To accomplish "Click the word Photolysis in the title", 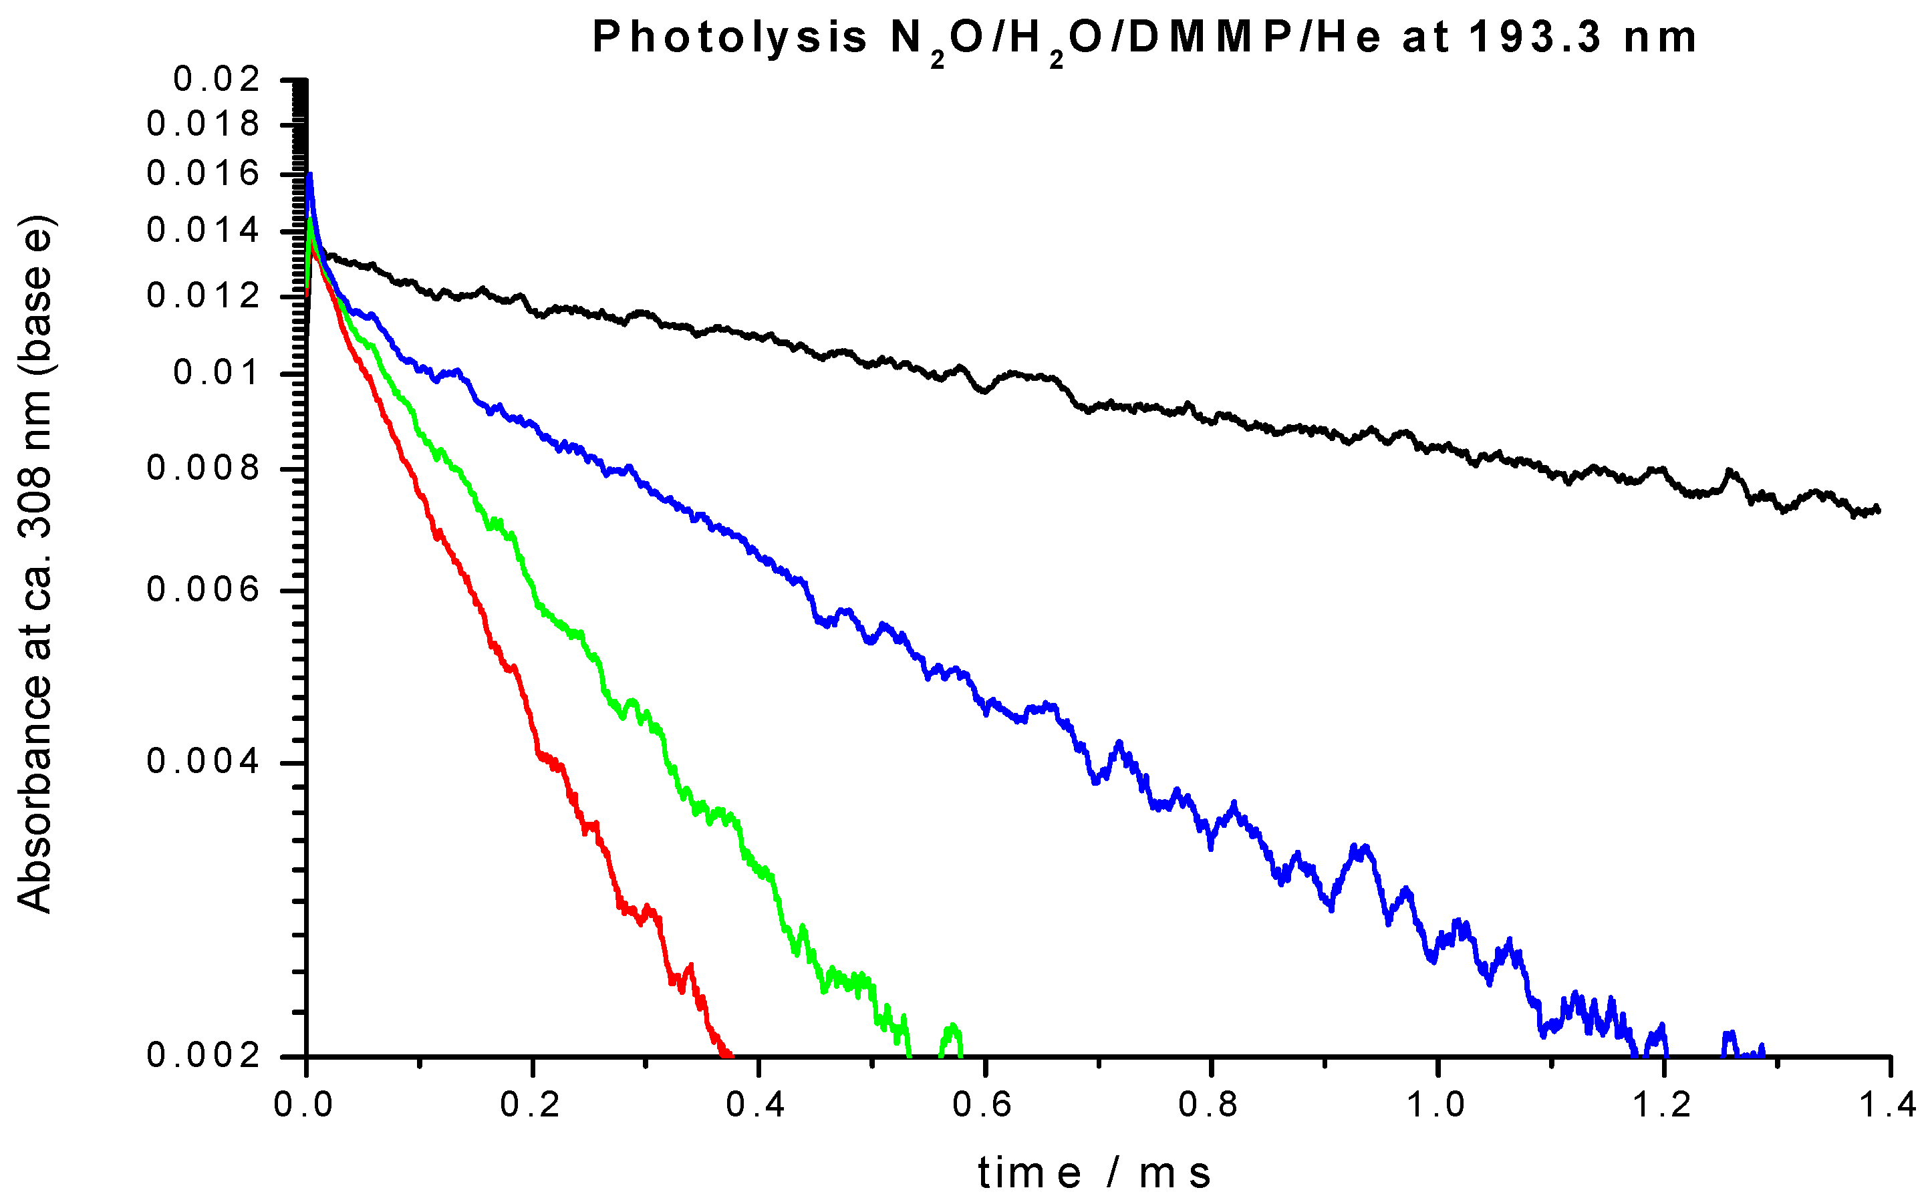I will tap(729, 37).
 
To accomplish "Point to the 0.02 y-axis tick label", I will tap(217, 79).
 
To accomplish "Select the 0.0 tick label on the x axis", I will tap(303, 1106).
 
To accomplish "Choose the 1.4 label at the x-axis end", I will tap(1889, 1106).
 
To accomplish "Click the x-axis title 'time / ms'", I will tap(1094, 1173).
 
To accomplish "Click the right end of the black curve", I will tap(1878, 508).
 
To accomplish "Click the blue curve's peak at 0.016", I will tap(309, 175).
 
